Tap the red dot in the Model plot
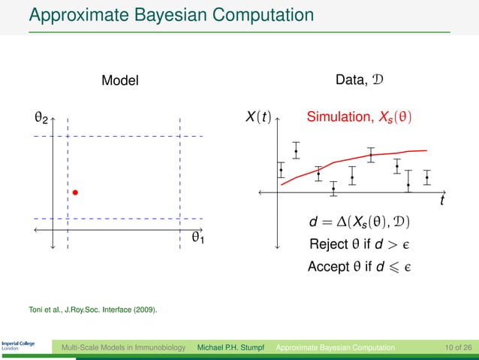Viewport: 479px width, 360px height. tap(76, 193)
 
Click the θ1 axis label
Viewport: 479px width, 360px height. tap(199, 238)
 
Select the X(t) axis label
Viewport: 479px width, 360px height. tap(258, 119)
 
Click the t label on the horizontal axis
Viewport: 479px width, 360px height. tap(442, 202)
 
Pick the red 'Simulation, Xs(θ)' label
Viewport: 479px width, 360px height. tap(359, 118)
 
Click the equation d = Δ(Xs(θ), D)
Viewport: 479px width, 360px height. tap(360, 224)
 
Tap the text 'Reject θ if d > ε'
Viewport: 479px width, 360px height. tap(360, 245)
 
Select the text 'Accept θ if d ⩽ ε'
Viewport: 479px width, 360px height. tap(360, 266)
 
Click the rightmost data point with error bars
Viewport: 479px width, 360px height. tap(427, 178)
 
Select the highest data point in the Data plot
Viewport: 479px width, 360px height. tap(297, 152)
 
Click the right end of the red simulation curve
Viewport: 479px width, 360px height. tap(426, 150)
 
